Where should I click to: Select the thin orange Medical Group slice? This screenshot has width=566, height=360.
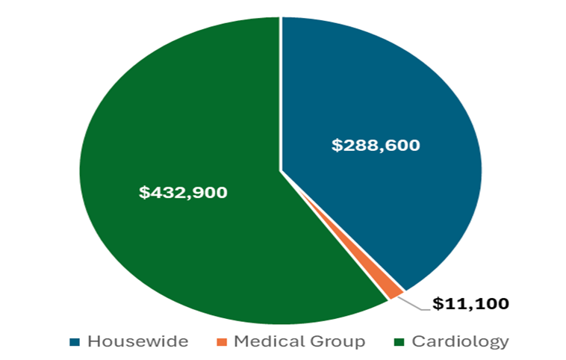(x=394, y=291)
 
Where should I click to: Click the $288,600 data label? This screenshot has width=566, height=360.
(x=376, y=145)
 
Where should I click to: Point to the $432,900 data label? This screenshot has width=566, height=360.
(x=183, y=192)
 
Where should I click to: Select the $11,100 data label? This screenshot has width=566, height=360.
(x=471, y=303)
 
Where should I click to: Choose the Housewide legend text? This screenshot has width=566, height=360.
(x=137, y=341)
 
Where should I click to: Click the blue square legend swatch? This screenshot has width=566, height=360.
(x=75, y=342)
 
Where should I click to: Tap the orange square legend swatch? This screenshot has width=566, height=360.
(x=222, y=342)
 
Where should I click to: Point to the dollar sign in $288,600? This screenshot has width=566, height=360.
(x=336, y=145)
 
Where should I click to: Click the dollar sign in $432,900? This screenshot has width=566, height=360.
(x=143, y=192)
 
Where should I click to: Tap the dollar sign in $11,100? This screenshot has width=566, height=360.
(x=438, y=303)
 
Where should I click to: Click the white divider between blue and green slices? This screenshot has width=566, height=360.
(x=281, y=90)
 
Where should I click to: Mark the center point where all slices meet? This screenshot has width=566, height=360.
(x=281, y=171)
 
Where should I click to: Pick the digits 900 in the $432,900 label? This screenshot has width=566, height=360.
(x=211, y=192)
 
